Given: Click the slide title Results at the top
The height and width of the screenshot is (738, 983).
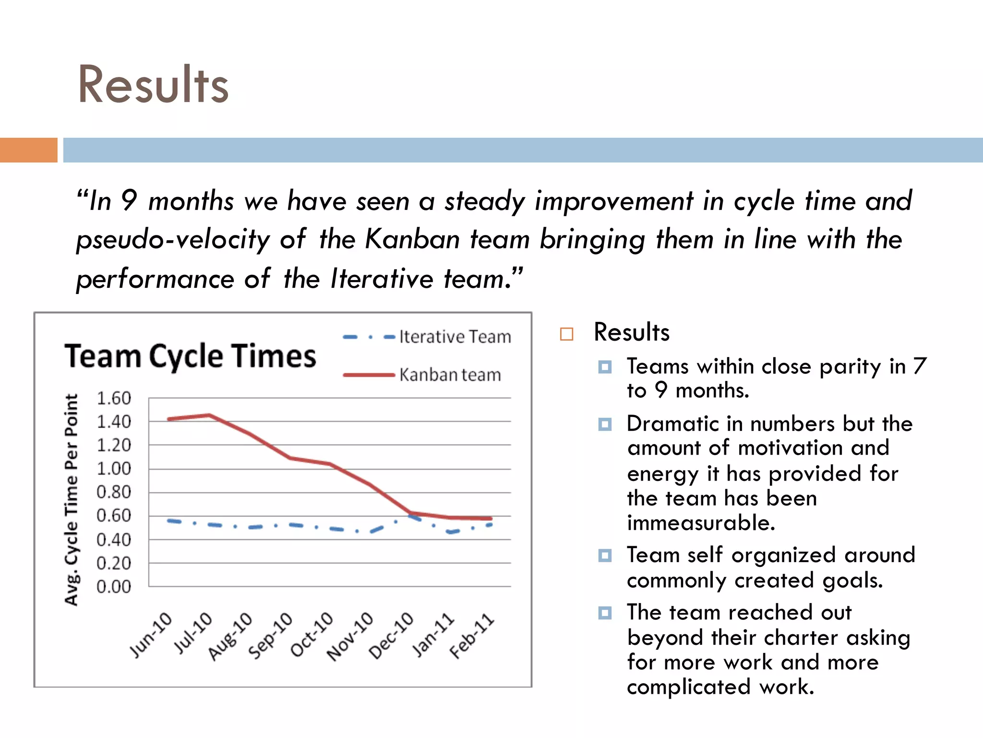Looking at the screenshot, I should (x=153, y=85).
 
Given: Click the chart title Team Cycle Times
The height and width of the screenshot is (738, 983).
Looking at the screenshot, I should (x=191, y=357).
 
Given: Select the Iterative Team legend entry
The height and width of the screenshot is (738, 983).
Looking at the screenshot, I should (x=427, y=337).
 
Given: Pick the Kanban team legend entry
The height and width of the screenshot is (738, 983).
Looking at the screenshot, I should (x=422, y=375).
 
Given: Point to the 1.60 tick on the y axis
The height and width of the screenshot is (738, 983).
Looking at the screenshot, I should (x=114, y=398).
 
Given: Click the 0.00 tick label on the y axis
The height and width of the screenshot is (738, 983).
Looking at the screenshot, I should (x=114, y=587).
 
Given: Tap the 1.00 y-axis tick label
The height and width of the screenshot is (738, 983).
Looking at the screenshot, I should (x=114, y=469).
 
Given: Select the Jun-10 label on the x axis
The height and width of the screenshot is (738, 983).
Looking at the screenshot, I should (x=151, y=635).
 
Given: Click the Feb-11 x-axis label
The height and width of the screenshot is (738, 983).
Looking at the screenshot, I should (x=472, y=636).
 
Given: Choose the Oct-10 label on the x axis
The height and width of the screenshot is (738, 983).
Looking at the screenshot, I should (x=312, y=635).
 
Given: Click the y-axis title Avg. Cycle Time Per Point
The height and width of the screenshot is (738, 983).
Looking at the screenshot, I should (x=72, y=500).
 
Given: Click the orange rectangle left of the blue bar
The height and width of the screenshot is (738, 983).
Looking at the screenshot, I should (x=28, y=150).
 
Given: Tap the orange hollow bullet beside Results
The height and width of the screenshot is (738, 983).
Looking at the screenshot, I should (x=567, y=334).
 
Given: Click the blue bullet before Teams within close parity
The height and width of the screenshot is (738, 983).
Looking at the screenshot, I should (x=605, y=368).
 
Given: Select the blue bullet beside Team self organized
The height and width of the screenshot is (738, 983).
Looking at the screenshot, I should (x=605, y=556).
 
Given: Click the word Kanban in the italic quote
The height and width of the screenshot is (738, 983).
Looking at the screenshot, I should (x=412, y=239).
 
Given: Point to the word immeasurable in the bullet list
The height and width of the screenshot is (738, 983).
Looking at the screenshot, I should (x=701, y=523).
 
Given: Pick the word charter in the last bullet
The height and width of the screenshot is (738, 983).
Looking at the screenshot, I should (x=800, y=638).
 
